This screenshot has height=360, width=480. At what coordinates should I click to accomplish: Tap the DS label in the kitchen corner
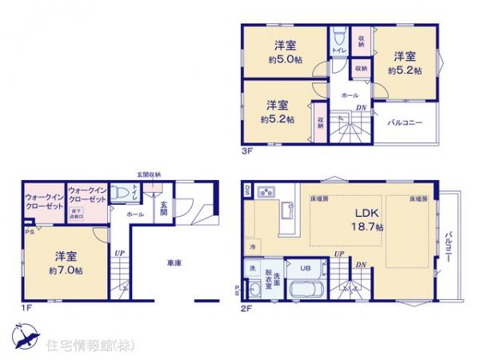tap(248, 190)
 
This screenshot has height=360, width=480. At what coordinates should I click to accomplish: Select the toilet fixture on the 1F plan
tap(120, 192)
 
